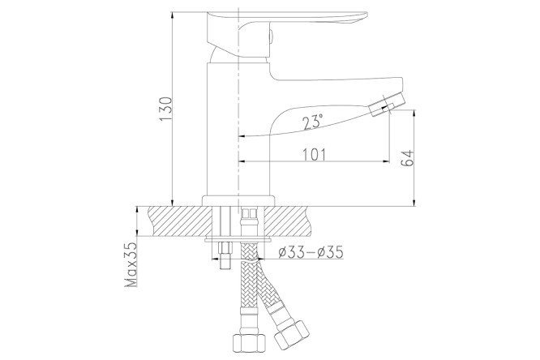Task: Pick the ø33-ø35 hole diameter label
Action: (x=310, y=253)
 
